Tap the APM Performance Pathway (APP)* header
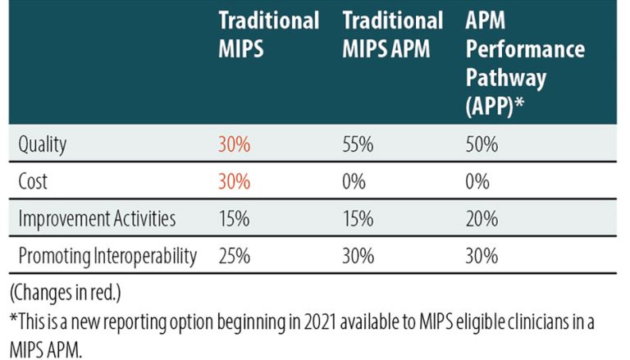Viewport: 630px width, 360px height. [x=525, y=66]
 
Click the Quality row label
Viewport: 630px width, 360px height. [x=42, y=144]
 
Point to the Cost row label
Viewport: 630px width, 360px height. [x=34, y=182]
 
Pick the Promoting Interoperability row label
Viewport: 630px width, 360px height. [x=107, y=256]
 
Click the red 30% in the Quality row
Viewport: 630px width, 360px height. [x=234, y=144]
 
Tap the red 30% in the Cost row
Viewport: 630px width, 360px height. [x=234, y=182]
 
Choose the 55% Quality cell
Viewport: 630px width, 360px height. [x=358, y=144]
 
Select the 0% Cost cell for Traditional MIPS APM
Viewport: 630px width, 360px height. [x=354, y=182]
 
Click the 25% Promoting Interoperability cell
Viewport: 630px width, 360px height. [x=234, y=256]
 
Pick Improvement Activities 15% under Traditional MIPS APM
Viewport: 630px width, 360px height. [x=358, y=219]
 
